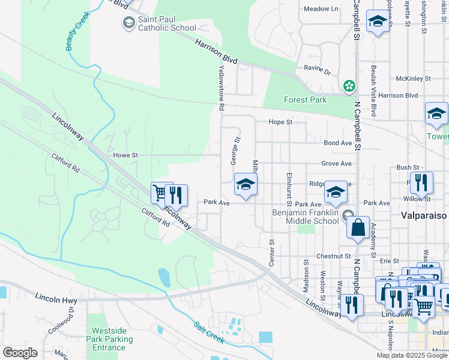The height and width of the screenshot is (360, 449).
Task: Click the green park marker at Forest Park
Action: [x=349, y=87]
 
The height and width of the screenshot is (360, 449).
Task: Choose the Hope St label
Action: [x=280, y=122]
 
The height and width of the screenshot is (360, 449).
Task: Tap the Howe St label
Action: [x=125, y=155]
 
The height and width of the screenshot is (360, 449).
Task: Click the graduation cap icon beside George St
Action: [x=246, y=184]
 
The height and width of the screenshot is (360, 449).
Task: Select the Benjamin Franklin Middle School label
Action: [x=306, y=217]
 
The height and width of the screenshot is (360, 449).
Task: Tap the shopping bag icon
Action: [x=358, y=229]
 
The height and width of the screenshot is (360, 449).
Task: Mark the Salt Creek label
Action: [x=209, y=333]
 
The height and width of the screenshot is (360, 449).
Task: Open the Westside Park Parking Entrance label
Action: [x=109, y=340]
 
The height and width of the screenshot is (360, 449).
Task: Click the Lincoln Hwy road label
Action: [x=55, y=297]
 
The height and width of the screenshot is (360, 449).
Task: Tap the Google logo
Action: [x=20, y=353]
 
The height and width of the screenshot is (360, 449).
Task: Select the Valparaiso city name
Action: [x=424, y=215]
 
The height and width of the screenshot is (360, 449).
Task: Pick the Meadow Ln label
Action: [x=321, y=9]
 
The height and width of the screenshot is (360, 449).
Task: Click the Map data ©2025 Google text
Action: [x=412, y=355]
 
